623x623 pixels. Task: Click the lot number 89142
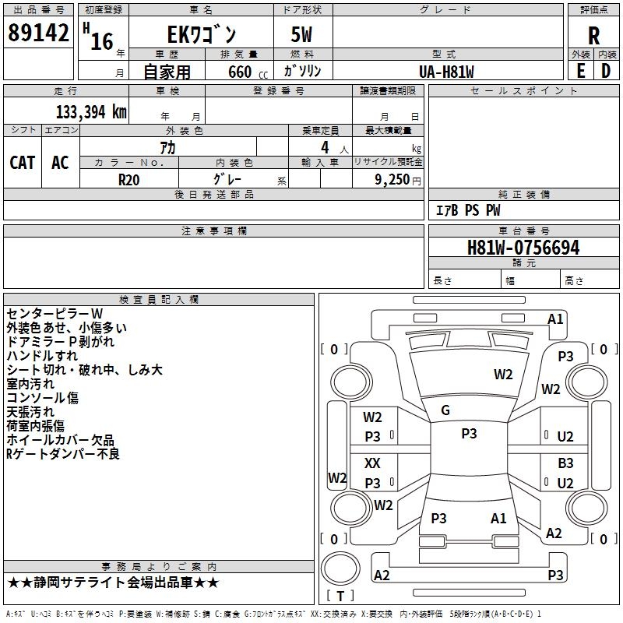[x=37, y=33]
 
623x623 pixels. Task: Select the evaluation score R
[x=593, y=35]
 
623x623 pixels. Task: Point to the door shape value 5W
[x=302, y=35]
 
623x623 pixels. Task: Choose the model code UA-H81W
[x=446, y=72]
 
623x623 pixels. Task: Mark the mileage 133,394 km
[x=91, y=111]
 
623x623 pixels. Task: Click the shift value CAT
[x=22, y=162]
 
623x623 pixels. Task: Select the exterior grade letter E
[x=580, y=71]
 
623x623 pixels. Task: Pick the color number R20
[x=129, y=178]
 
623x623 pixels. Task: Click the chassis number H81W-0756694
[x=523, y=248]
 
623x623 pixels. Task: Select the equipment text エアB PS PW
[x=467, y=210]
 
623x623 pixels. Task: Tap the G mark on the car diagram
[x=445, y=410]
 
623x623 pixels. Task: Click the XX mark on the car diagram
[x=373, y=463]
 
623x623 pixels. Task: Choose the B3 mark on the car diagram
[x=565, y=463]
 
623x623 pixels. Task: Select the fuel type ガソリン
[x=302, y=72]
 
